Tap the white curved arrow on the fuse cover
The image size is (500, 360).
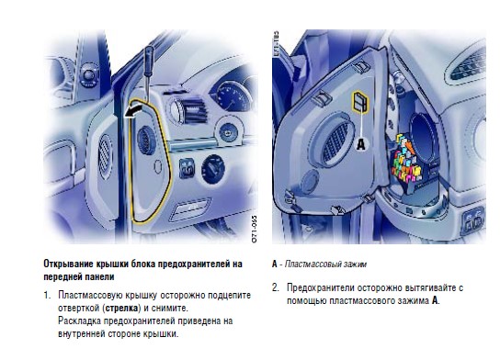(133, 112)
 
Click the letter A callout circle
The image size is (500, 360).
(361, 143)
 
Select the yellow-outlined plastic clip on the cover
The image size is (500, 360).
(359, 101)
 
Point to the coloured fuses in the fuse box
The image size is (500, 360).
(407, 158)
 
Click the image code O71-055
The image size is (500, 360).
(255, 229)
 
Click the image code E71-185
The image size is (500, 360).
(276, 44)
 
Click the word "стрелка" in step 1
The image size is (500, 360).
(121, 308)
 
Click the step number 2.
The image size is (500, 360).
(275, 287)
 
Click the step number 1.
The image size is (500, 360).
(47, 295)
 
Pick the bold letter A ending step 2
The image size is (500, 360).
(435, 300)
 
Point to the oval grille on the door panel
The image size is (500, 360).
(105, 156)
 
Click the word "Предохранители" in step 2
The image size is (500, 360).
(321, 287)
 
